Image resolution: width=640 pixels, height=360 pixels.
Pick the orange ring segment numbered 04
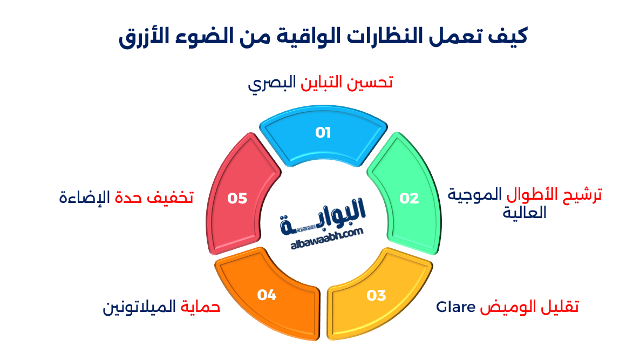(x=267, y=295)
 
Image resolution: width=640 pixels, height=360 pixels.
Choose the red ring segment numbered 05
(x=237, y=199)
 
